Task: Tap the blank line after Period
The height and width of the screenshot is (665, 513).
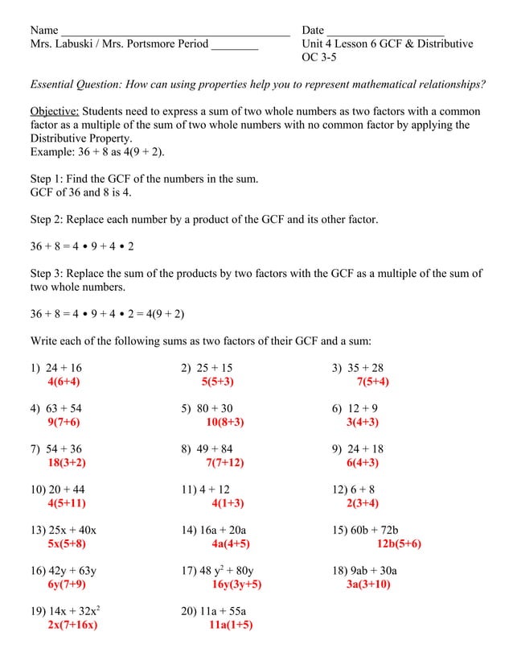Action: click(x=235, y=47)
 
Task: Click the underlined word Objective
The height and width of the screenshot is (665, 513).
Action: click(x=54, y=111)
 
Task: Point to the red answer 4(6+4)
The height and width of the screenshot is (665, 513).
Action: click(x=64, y=382)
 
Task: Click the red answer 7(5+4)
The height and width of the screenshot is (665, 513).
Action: click(x=373, y=382)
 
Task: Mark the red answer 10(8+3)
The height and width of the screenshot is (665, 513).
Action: click(x=225, y=422)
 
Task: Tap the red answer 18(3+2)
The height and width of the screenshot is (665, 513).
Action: click(x=67, y=462)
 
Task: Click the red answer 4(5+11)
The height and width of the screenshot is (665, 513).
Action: click(x=67, y=503)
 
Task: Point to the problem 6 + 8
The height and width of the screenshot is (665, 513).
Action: click(x=360, y=489)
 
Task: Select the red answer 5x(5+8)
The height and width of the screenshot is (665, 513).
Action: click(x=67, y=544)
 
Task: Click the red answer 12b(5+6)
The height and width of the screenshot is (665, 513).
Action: click(x=399, y=544)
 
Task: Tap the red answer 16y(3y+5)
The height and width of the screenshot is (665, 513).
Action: click(x=236, y=584)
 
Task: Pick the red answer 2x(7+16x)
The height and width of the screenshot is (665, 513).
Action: click(x=72, y=626)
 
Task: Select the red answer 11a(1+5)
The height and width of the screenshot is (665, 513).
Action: click(x=230, y=626)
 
